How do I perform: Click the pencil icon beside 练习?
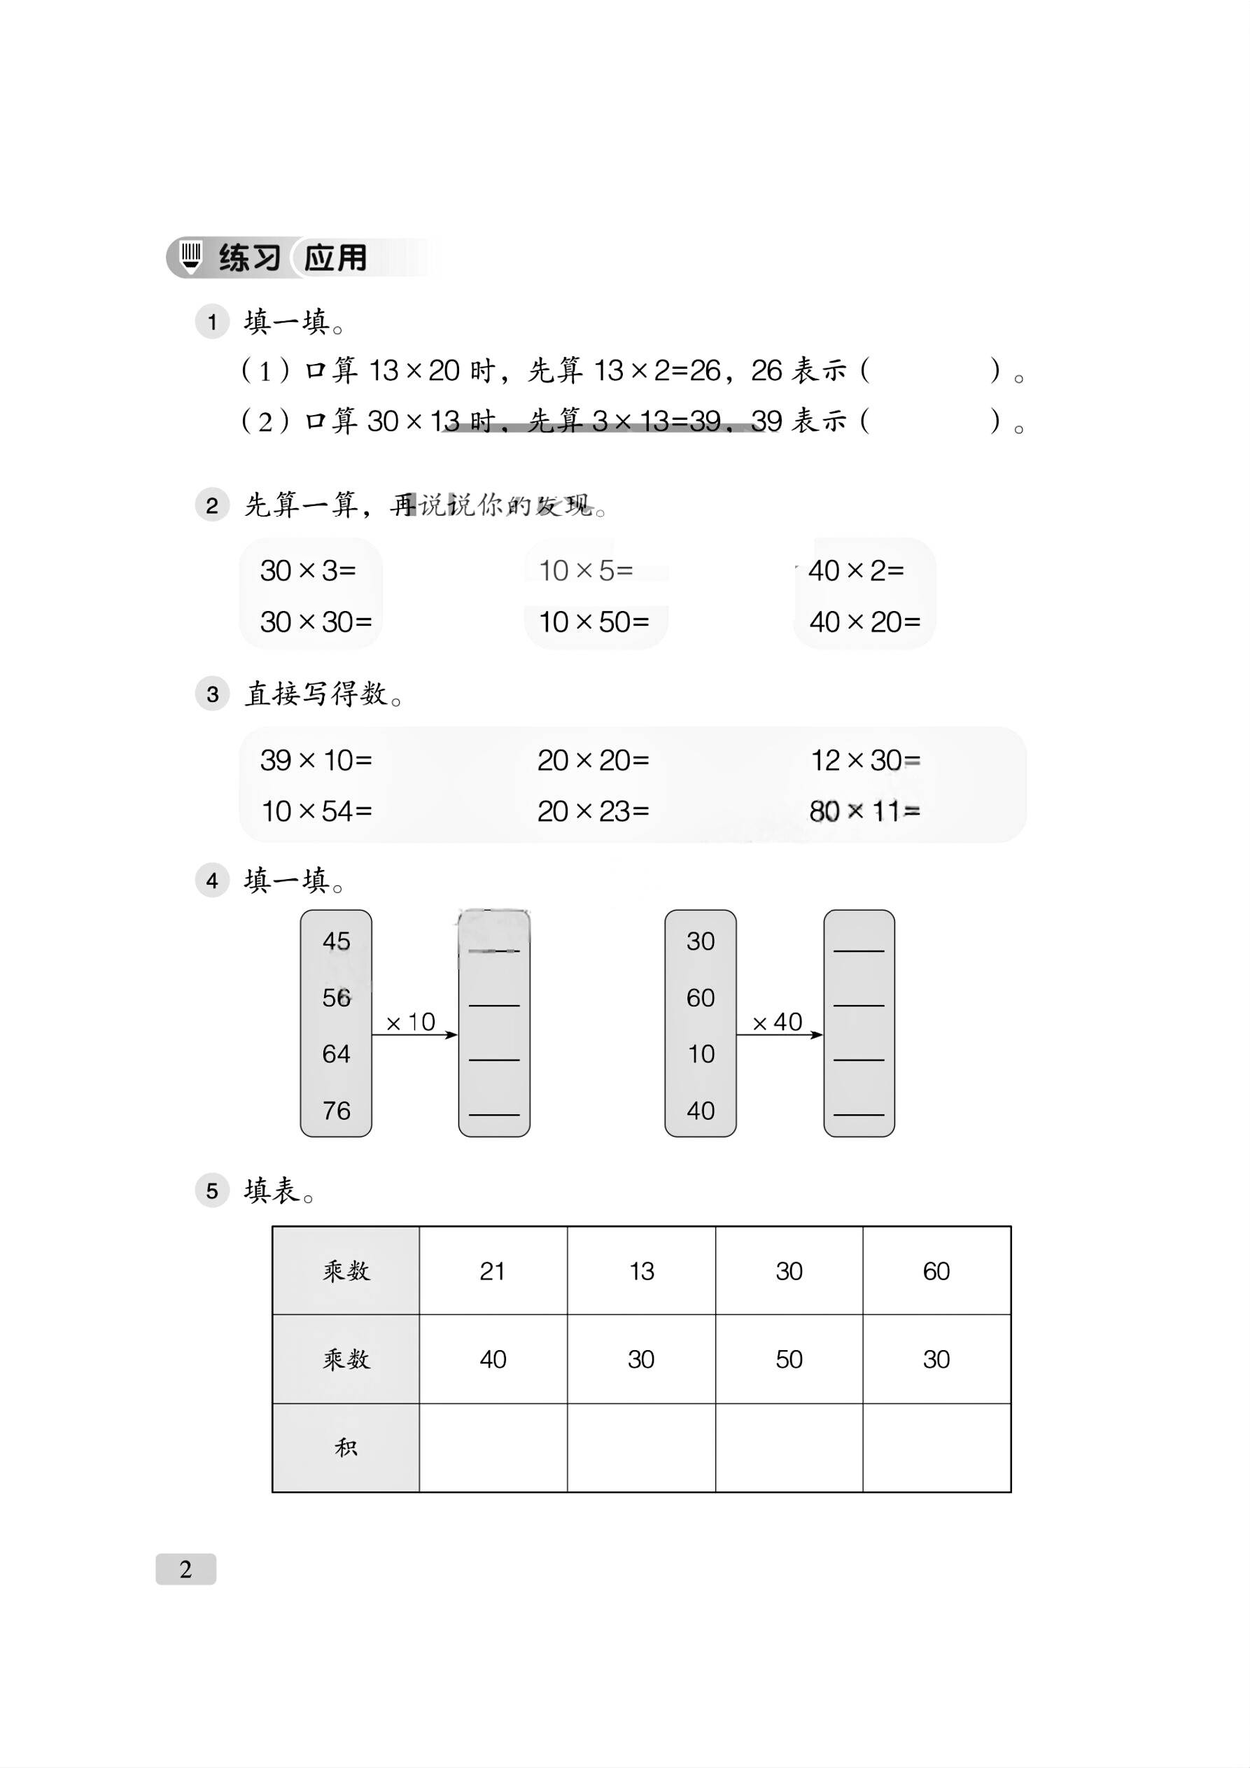pos(190,257)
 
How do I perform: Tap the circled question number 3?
pos(213,694)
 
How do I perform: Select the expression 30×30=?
pos(316,622)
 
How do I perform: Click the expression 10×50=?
pos(594,622)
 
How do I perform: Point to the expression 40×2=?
pos(856,570)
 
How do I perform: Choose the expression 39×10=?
pos(316,761)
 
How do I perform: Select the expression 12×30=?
pos(865,761)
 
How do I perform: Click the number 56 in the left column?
pos(337,998)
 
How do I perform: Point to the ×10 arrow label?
pos(411,1023)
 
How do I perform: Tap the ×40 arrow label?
pos(777,1023)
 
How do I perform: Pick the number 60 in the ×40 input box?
pos(701,998)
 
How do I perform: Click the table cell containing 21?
pos(493,1271)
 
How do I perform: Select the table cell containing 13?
pos(642,1271)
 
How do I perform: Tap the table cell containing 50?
pos(789,1359)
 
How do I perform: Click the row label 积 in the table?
pos(346,1447)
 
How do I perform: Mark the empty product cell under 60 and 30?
pos(936,1447)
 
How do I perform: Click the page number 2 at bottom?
pos(185,1569)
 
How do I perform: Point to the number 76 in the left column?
pos(337,1110)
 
